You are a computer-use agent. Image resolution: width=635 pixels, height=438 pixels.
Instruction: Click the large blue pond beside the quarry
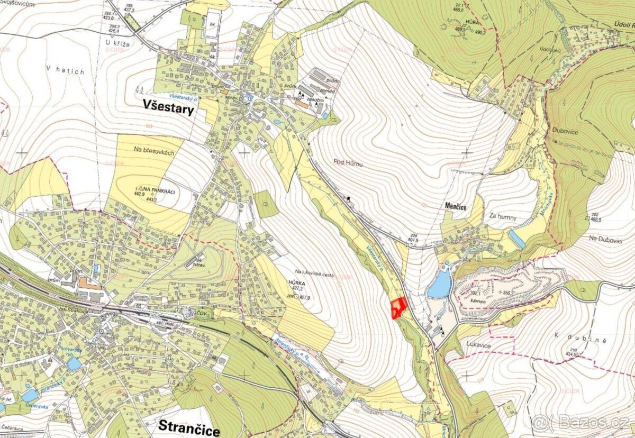(x=440, y=284)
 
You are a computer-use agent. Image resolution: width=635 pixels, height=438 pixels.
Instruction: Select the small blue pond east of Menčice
(x=516, y=239)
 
